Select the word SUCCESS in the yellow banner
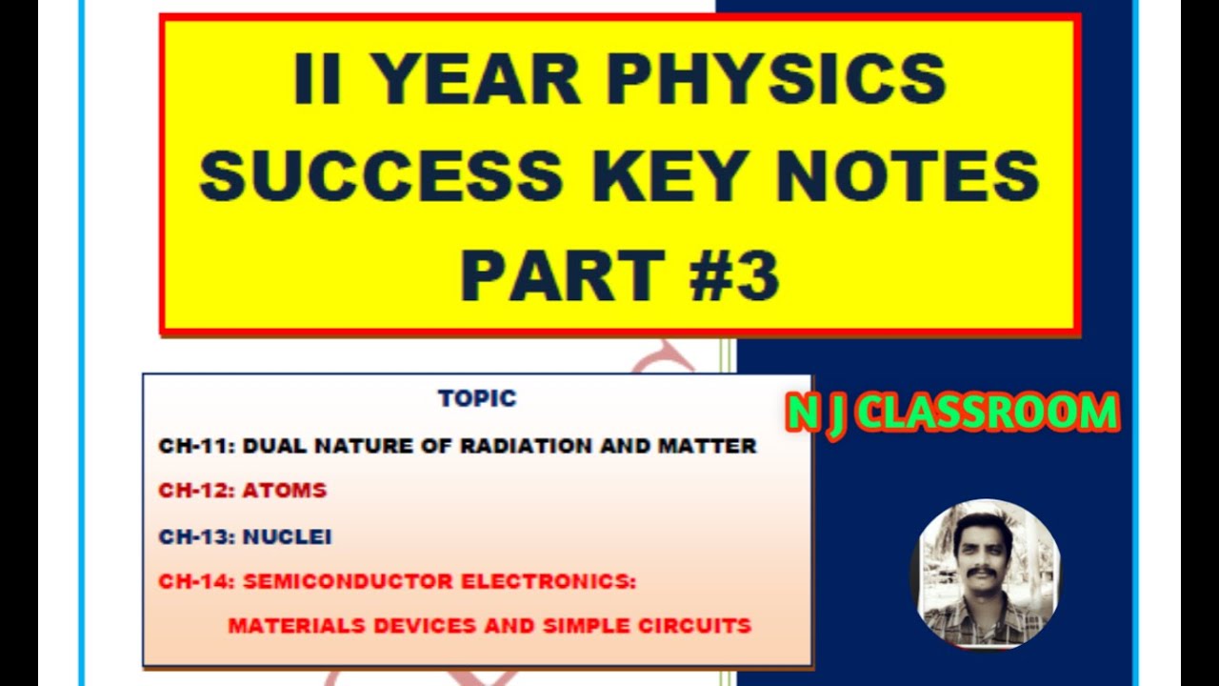tap(381, 176)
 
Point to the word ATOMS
tap(285, 492)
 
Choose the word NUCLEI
tap(288, 537)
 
